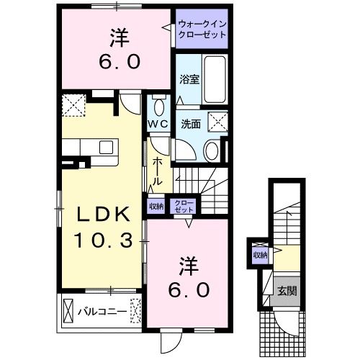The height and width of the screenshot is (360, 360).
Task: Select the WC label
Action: point(158,123)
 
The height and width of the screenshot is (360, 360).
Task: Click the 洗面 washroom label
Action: point(191,122)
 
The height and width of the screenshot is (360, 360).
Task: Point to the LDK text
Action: point(104,214)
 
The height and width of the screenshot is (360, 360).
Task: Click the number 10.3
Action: point(104,240)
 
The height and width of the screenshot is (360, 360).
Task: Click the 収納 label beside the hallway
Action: point(156,205)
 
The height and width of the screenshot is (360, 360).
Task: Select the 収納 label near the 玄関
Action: point(260,254)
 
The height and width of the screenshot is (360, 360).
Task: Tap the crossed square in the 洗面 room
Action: point(217,120)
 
